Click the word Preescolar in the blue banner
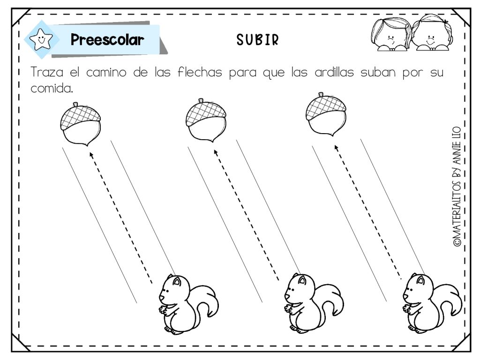(x=107, y=39)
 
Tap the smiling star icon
(x=41, y=39)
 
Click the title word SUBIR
(x=257, y=40)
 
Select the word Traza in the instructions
(x=47, y=72)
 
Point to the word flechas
(x=200, y=72)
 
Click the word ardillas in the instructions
(x=334, y=72)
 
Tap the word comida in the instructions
(x=52, y=88)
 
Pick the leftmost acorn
(x=81, y=124)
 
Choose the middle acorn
(x=206, y=120)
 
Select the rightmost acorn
(x=326, y=114)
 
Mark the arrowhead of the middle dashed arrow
(x=216, y=152)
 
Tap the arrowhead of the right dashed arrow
(x=336, y=148)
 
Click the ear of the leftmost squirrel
(x=177, y=281)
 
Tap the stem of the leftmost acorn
(x=75, y=105)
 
